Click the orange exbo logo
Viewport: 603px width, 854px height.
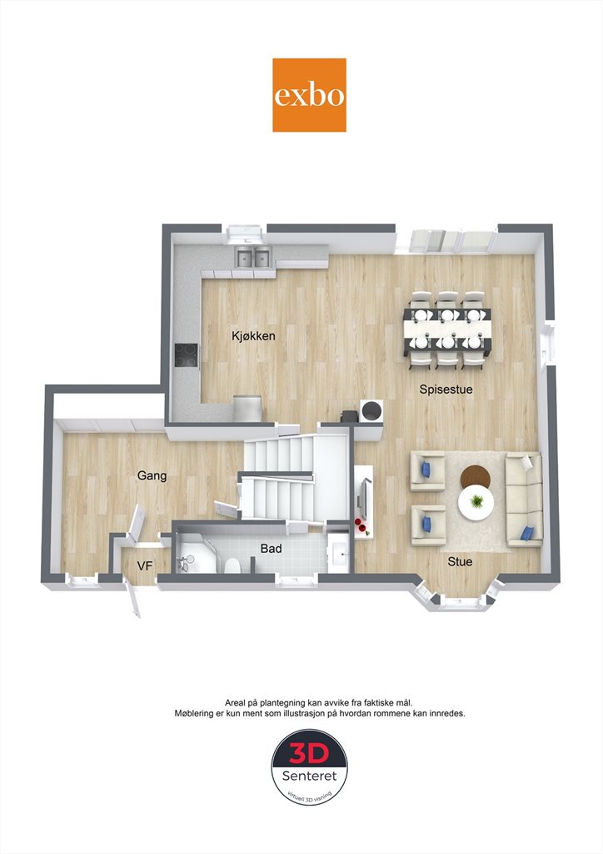click(x=309, y=95)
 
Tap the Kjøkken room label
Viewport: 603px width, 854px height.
click(x=253, y=336)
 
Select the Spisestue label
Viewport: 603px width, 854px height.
click(x=446, y=389)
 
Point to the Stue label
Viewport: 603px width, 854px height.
click(x=460, y=561)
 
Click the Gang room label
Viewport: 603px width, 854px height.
click(x=152, y=475)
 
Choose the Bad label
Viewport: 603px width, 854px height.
click(x=271, y=549)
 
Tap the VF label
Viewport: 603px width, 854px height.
click(x=145, y=566)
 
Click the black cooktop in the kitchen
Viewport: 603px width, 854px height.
click(x=187, y=356)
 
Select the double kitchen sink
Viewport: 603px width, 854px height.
click(x=253, y=257)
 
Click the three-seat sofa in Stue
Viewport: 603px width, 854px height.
click(x=524, y=499)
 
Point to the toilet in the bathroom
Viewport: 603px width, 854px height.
click(x=232, y=565)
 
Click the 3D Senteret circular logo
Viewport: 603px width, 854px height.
click(x=309, y=767)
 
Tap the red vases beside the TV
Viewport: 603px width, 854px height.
click(x=361, y=525)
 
